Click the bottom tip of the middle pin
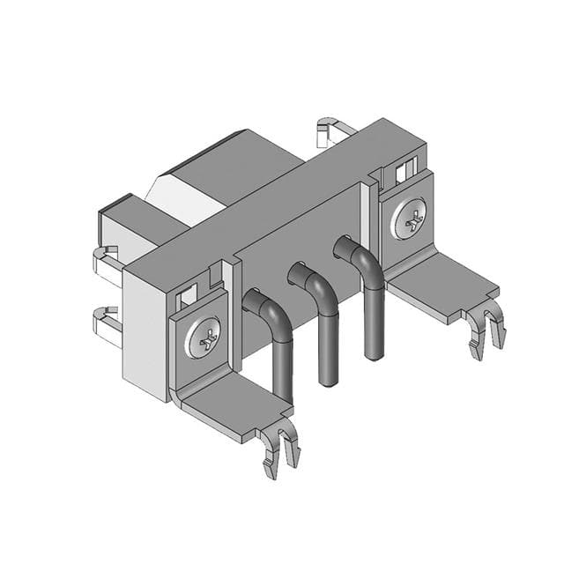click(329, 381)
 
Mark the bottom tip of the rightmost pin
click(375, 355)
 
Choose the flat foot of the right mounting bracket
click(441, 282)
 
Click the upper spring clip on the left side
click(106, 263)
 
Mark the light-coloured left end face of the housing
click(143, 330)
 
